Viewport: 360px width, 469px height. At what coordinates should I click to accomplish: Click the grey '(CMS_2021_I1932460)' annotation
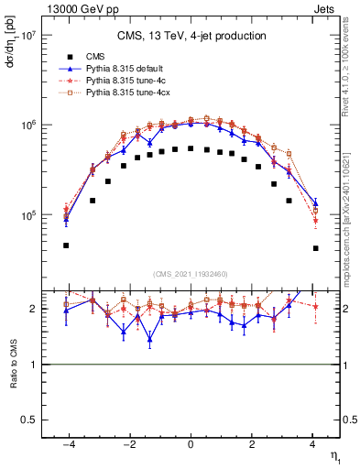(191, 273)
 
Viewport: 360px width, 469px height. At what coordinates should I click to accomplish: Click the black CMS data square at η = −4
(67, 245)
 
